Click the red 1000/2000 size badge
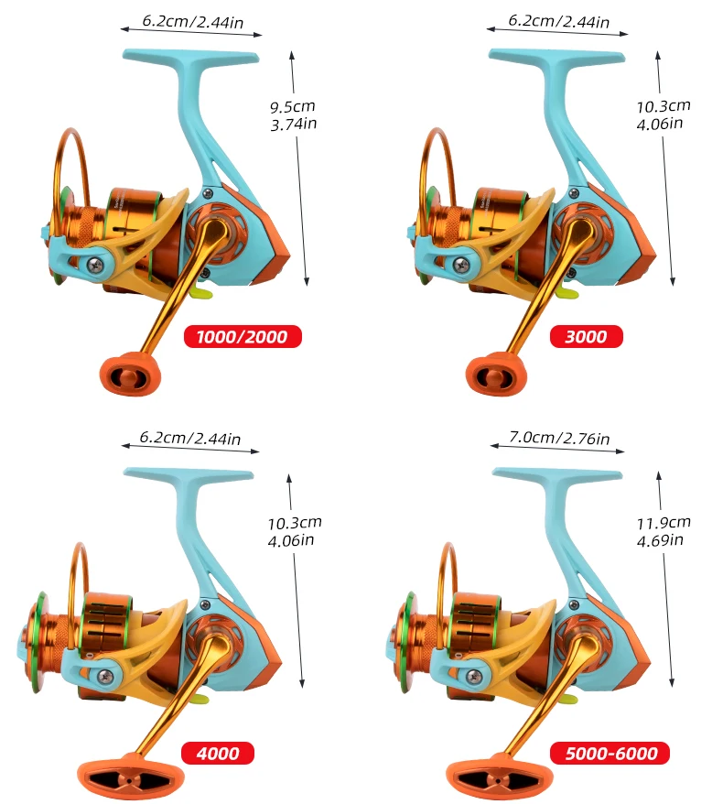[x=243, y=336]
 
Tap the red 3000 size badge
[x=587, y=336]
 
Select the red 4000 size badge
[x=218, y=753]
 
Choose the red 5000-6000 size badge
[x=610, y=753]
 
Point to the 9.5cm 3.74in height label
[x=294, y=115]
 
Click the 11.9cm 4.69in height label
[x=664, y=531]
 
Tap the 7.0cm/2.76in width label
[x=559, y=438]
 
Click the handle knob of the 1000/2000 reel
[x=131, y=374]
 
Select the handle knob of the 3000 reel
[x=496, y=374]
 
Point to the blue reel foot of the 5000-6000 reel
[x=557, y=475]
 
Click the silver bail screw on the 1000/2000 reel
[x=95, y=265]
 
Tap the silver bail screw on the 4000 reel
[x=105, y=677]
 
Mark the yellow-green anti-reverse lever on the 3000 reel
[x=567, y=293]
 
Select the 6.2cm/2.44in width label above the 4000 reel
[x=190, y=438]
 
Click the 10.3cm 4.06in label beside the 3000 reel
[x=664, y=114]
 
